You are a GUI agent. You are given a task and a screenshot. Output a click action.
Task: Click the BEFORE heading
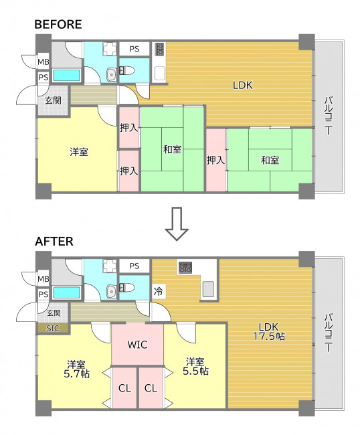tap(58, 24)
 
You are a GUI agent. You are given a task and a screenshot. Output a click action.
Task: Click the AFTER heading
tap(54, 242)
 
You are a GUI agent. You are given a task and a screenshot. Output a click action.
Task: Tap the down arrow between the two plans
tap(177, 224)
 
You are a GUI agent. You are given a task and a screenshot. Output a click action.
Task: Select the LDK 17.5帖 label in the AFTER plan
tap(269, 331)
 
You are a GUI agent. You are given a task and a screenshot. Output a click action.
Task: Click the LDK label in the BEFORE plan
tap(243, 85)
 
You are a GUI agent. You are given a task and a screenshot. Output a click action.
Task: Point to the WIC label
tap(137, 345)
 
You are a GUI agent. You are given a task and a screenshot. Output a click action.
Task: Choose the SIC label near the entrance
tap(53, 328)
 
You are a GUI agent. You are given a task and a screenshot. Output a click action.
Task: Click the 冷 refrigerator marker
tap(159, 291)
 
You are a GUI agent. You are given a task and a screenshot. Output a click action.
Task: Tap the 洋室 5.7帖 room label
tap(76, 369)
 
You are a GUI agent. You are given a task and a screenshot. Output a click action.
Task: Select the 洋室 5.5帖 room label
tap(195, 367)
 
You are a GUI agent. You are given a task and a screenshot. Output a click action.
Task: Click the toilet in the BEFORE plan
tap(126, 71)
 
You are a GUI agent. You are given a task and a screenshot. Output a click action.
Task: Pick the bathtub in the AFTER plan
tap(66, 292)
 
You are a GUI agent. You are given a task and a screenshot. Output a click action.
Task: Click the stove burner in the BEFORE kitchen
tap(160, 49)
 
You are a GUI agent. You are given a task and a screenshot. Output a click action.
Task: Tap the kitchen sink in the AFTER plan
tap(207, 289)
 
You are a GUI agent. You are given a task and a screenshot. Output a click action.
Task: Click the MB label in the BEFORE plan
tap(43, 62)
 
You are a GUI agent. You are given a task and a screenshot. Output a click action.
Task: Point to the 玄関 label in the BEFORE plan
tap(53, 100)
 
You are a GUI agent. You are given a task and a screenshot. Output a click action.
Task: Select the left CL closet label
tap(124, 388)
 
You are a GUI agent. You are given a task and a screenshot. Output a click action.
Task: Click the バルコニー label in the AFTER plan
tap(329, 333)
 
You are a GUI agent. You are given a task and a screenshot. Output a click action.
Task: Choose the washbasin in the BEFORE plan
tap(112, 75)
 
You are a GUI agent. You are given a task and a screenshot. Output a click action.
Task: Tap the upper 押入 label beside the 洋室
tap(128, 128)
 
